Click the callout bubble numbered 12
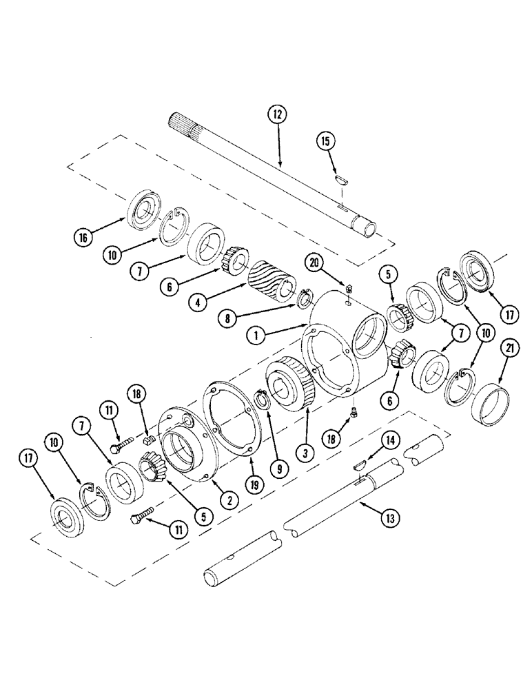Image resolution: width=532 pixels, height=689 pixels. click(278, 115)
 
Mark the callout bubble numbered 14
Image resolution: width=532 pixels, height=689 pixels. click(390, 440)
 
